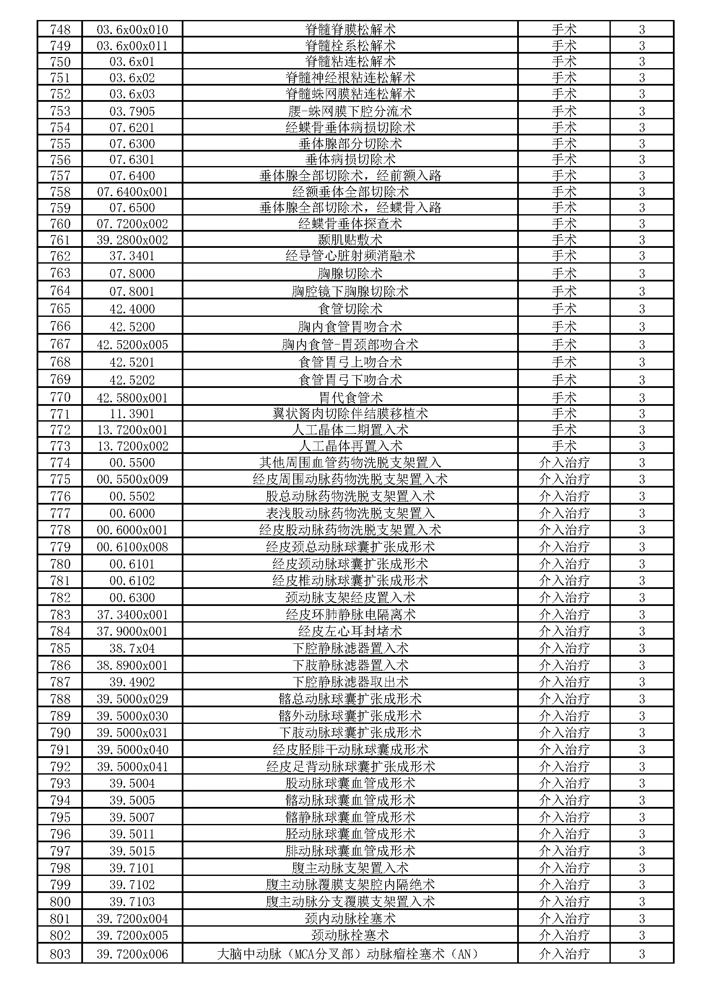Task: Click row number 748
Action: pyautogui.click(x=60, y=29)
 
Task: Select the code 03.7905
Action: pyautogui.click(x=132, y=112)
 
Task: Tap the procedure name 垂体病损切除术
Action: pyautogui.click(x=350, y=160)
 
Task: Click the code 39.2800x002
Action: pyautogui.click(x=132, y=240)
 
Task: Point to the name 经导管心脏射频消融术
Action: pyautogui.click(x=350, y=256)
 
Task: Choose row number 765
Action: pyautogui.click(x=60, y=309)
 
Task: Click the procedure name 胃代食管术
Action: pyautogui.click(x=350, y=397)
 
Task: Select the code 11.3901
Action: pyautogui.click(x=132, y=414)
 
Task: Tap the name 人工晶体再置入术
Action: pyautogui.click(x=350, y=446)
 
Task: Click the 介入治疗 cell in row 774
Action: pyautogui.click(x=564, y=463)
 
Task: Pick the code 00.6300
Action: pyautogui.click(x=132, y=597)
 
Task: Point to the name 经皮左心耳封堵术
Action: pyautogui.click(x=350, y=631)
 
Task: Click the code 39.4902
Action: pyautogui.click(x=132, y=682)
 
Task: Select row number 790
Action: pyautogui.click(x=60, y=733)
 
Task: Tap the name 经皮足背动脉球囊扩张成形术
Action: pyautogui.click(x=350, y=766)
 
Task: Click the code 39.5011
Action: pyautogui.click(x=132, y=834)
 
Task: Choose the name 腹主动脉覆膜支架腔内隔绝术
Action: pyautogui.click(x=350, y=884)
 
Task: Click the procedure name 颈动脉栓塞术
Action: pyautogui.click(x=350, y=935)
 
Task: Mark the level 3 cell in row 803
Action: pyautogui.click(x=641, y=954)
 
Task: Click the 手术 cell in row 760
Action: pyautogui.click(x=564, y=224)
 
